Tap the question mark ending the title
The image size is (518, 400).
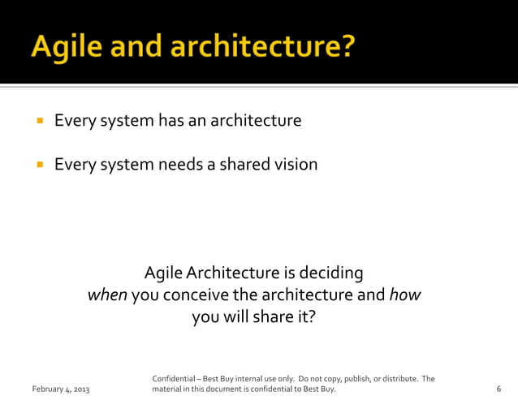tap(347, 47)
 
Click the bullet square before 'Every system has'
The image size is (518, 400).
tap(38, 122)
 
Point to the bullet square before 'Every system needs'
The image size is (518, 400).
tap(38, 166)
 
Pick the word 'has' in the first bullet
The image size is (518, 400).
tap(171, 121)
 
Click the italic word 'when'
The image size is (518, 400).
tap(107, 295)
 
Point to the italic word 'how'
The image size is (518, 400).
tap(404, 295)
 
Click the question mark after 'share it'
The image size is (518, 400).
tap(309, 317)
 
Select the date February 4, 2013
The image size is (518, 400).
tap(61, 390)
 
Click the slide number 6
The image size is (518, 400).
tap(498, 390)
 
